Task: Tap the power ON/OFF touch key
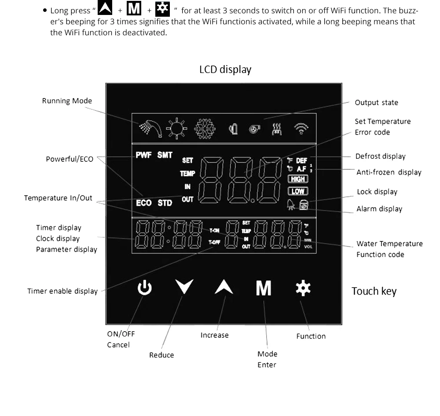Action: pos(145,288)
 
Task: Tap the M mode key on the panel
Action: pos(264,288)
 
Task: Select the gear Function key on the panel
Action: pos(303,288)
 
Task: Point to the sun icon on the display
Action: pos(176,128)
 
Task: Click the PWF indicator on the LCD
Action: pos(143,155)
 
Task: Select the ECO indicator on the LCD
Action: pos(143,203)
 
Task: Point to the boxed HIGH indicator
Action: pos(298,179)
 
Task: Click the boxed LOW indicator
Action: pos(298,191)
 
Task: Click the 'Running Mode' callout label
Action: pos(67,101)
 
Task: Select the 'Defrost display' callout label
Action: pos(380,156)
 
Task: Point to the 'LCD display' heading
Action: pos(225,69)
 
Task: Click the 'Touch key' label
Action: pos(374,291)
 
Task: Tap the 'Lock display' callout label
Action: pos(377,192)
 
